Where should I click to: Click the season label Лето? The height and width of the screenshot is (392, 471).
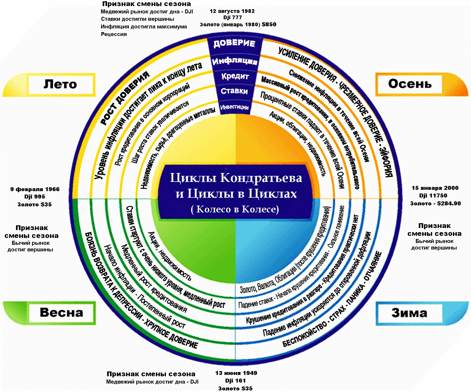[x=60, y=84]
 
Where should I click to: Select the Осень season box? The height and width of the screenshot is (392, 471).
[x=410, y=84]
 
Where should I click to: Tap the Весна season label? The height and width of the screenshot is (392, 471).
[x=61, y=313]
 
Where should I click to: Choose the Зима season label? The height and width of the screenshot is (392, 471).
[x=409, y=313]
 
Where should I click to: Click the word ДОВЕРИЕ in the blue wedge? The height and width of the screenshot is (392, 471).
[x=234, y=43]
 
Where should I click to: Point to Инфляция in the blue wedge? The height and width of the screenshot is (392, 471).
[x=234, y=61]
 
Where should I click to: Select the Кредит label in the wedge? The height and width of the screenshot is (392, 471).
[x=235, y=76]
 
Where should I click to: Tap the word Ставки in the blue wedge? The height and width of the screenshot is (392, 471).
[x=234, y=91]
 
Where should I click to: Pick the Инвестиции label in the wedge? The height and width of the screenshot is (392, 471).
[x=234, y=107]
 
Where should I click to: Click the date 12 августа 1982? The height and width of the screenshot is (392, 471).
[x=232, y=11]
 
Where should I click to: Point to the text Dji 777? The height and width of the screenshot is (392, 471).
[x=233, y=18]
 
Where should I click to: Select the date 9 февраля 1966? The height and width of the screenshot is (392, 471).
[x=35, y=189]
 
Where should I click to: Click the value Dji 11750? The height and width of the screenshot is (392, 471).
[x=435, y=196]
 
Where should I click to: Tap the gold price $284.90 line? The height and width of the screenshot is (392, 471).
[x=435, y=203]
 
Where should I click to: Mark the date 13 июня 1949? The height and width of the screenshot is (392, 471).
[x=236, y=373]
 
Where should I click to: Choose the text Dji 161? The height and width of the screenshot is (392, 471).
[x=235, y=381]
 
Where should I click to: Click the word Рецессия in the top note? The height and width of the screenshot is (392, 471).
[x=114, y=34]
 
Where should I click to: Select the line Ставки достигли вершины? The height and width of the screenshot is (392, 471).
[x=137, y=19]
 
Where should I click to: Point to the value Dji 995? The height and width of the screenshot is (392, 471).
[x=35, y=197]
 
